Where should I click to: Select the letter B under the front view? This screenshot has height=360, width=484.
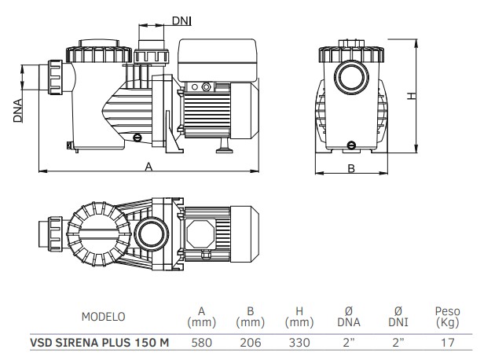tap(351, 167)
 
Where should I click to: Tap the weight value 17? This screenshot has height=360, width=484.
tap(447, 342)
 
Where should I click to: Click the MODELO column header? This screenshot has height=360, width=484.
tap(103, 317)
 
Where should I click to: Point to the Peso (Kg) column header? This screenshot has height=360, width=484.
tap(447, 317)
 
